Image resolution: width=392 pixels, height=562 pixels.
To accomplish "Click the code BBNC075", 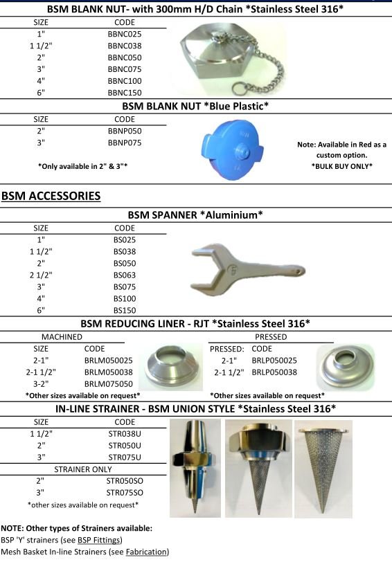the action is click(x=125, y=68).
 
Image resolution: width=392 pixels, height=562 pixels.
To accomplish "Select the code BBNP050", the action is click(x=125, y=130).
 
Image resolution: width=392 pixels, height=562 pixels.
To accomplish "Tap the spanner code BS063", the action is click(x=125, y=275).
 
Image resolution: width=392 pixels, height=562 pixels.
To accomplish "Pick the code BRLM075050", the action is click(x=108, y=383).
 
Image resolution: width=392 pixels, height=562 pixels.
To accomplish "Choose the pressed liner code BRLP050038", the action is click(x=274, y=372).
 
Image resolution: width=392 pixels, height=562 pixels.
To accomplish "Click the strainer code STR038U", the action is click(x=125, y=434).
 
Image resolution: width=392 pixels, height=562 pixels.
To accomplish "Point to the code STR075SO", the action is click(x=125, y=493).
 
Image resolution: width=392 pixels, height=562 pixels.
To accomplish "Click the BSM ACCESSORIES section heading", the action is click(x=51, y=196).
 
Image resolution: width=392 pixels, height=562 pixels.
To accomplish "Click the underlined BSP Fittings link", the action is click(x=101, y=540).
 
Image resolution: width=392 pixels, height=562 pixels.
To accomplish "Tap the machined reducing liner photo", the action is click(x=170, y=365).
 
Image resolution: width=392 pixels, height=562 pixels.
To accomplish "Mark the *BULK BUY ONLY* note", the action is click(x=341, y=166).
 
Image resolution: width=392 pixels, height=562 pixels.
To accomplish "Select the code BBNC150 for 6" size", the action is click(x=125, y=91).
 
